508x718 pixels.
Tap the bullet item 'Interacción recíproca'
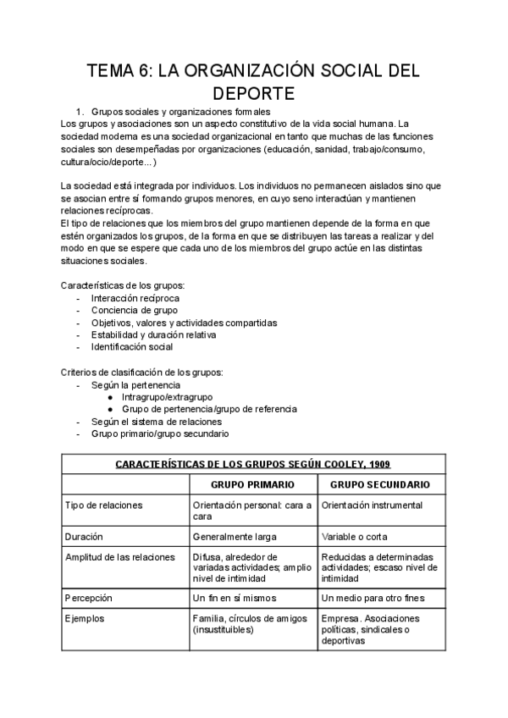135,298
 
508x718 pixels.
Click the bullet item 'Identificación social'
132,346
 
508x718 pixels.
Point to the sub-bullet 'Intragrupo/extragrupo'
167,396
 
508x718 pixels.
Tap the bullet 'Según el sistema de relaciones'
157,421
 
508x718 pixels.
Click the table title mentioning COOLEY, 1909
251,464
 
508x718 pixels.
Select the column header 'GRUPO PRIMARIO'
252,485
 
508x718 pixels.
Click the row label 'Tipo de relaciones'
103,505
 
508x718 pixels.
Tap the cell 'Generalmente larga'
233,537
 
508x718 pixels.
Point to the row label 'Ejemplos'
85,619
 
